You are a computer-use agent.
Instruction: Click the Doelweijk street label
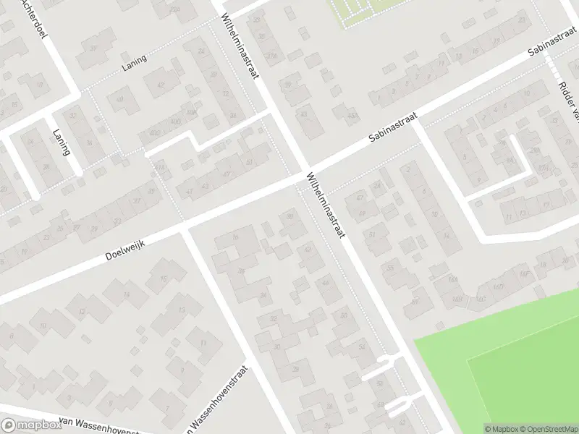point(125,247)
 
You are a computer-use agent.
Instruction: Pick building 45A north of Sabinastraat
point(352,116)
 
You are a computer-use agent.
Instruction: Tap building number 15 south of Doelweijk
point(164,278)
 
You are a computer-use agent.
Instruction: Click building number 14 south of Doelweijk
point(126,294)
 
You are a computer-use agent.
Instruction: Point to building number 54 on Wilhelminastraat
point(362,347)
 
